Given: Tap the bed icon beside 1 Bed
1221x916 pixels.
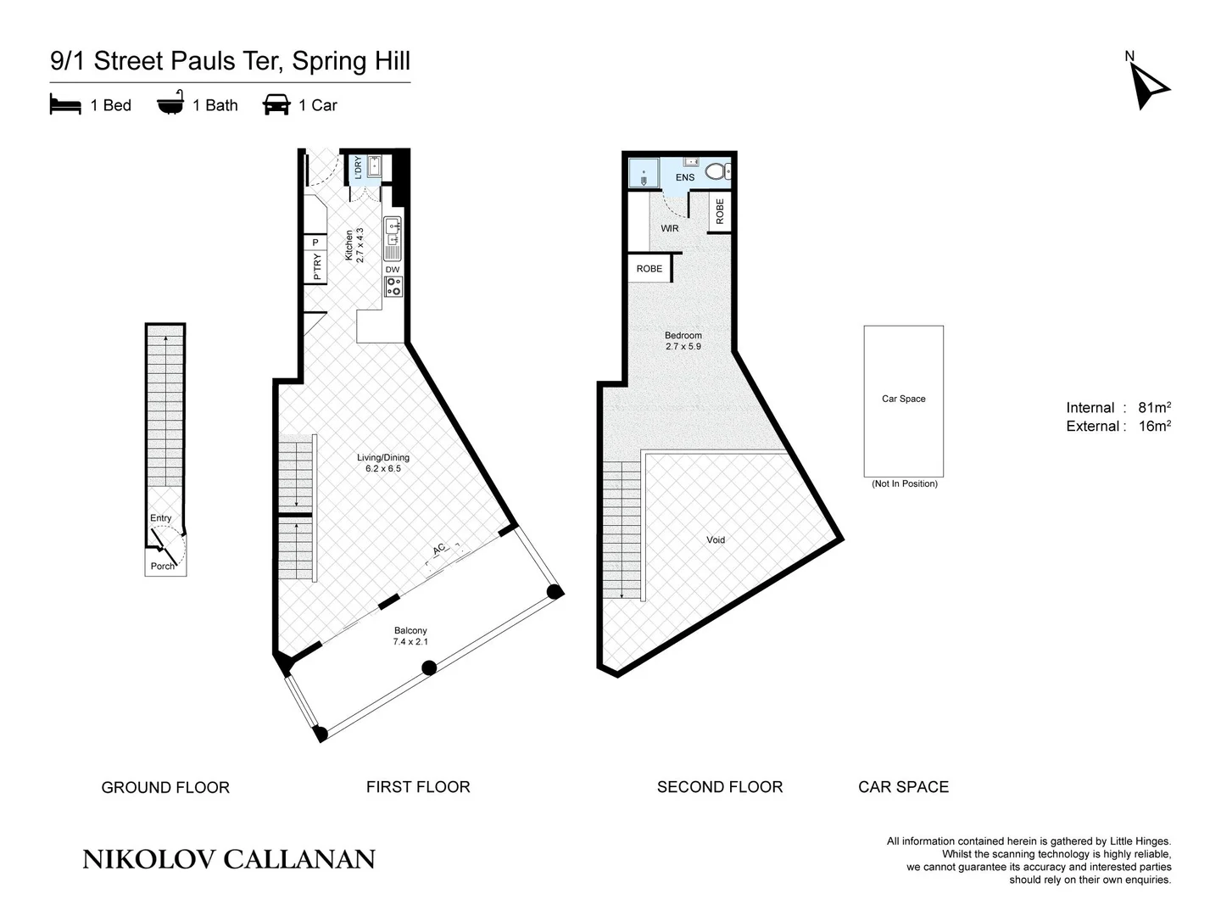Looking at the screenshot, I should [65, 105].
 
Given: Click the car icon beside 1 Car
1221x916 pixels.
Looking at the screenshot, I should [276, 105].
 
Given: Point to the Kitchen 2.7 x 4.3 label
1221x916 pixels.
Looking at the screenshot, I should [354, 245].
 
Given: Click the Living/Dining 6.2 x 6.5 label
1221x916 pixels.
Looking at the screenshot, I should [383, 463].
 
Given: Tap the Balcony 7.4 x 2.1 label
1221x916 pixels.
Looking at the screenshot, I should [410, 636].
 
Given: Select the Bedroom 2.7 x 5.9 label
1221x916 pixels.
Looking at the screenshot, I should [683, 341].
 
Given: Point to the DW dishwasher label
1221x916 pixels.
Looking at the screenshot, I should [393, 270].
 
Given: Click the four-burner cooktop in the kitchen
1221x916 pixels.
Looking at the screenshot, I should [393, 287].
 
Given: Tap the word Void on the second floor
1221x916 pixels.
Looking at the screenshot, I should [716, 539].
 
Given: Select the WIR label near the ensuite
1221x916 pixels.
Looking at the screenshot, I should [670, 228].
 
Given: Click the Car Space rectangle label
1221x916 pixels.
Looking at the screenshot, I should [904, 399].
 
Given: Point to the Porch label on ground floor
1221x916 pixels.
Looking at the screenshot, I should [162, 566].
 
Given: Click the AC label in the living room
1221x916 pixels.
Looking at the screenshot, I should [438, 550].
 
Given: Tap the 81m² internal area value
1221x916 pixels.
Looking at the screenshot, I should [1154, 407].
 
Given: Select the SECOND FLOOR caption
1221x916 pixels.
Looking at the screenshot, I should [720, 787].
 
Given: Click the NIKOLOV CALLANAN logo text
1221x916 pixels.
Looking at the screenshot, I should [229, 859].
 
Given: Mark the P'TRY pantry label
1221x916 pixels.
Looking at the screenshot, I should [317, 267].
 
